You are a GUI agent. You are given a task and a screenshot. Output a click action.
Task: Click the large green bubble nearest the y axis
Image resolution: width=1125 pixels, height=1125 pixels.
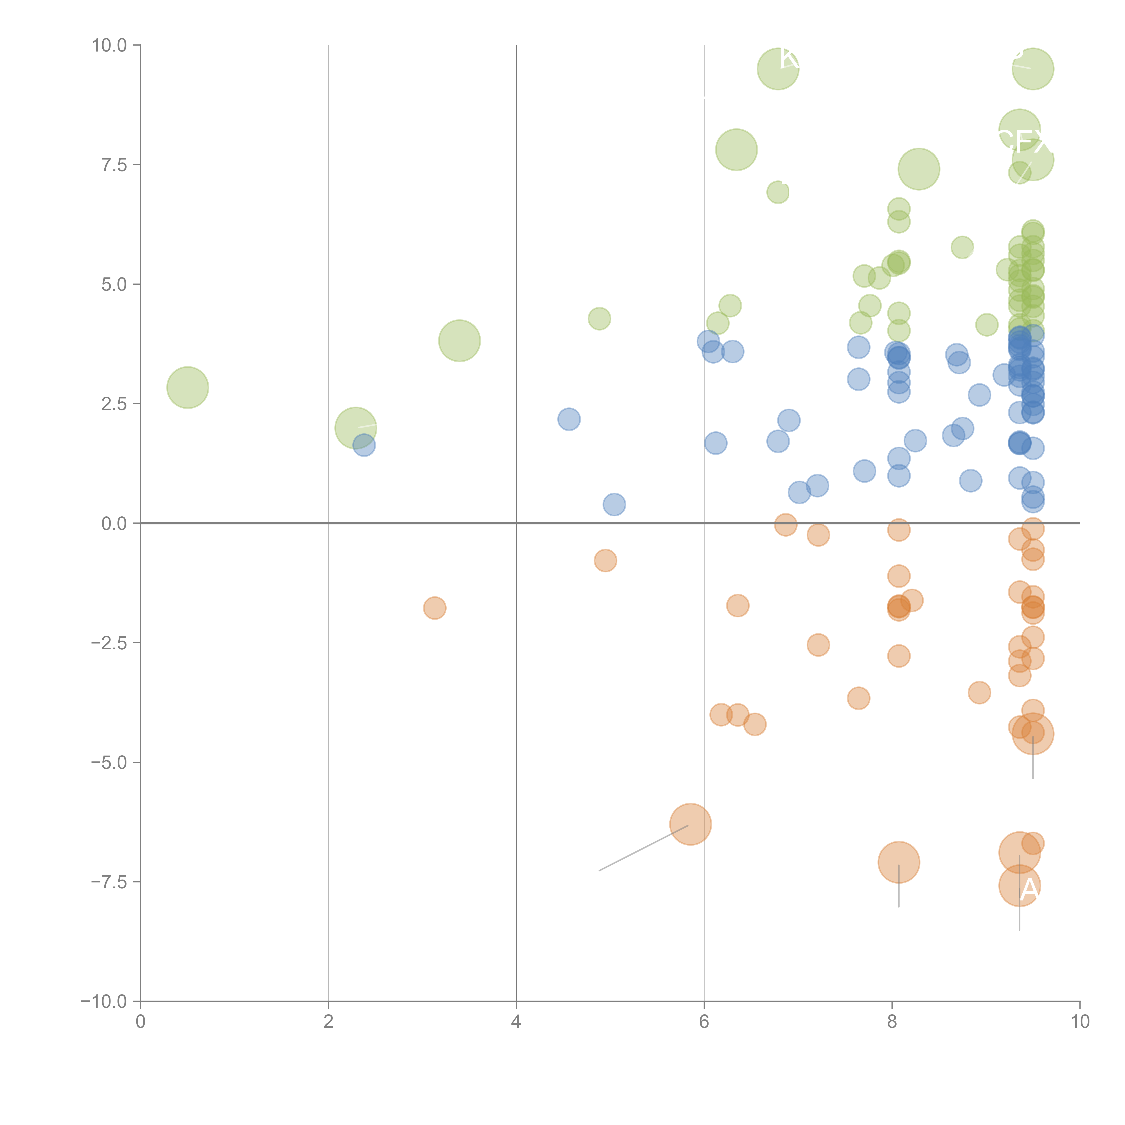coord(187,387)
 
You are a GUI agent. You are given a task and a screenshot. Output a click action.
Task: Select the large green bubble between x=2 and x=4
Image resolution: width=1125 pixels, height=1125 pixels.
coord(459,341)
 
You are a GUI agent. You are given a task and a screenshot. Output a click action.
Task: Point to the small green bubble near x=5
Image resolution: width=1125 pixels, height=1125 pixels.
coord(599,319)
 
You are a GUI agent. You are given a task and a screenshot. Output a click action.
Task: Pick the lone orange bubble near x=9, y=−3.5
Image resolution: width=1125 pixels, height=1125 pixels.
coord(979,692)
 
